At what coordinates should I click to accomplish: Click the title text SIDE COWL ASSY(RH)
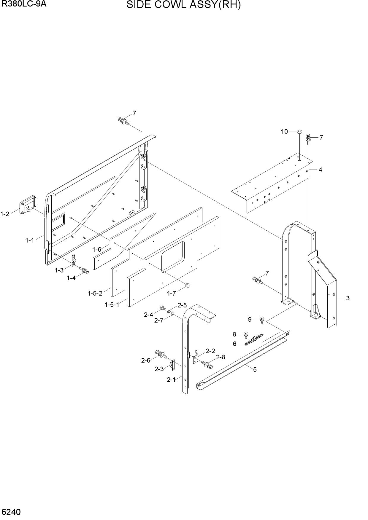click(x=183, y=5)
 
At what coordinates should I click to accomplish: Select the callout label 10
click(x=284, y=132)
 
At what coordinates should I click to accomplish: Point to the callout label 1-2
click(x=5, y=214)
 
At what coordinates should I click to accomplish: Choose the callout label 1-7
click(x=172, y=294)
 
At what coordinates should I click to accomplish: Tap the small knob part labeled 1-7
click(x=188, y=285)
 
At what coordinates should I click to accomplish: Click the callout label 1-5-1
click(x=112, y=304)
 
